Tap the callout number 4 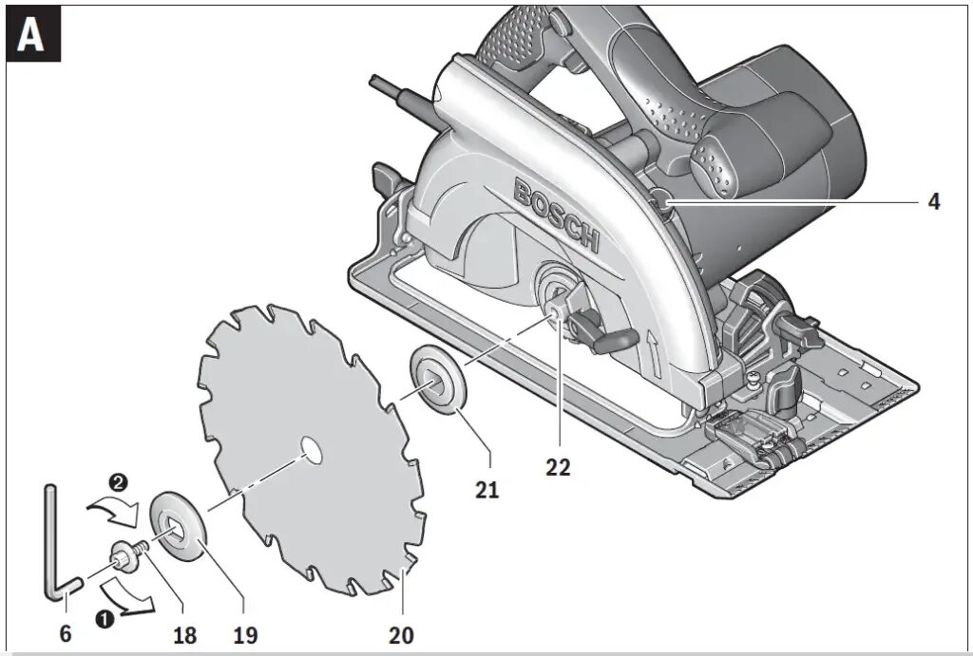[934, 202]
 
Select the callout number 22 [559, 467]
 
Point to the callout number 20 [401, 635]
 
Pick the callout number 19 [244, 633]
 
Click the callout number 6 [65, 633]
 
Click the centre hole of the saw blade [308, 448]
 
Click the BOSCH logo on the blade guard [557, 216]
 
